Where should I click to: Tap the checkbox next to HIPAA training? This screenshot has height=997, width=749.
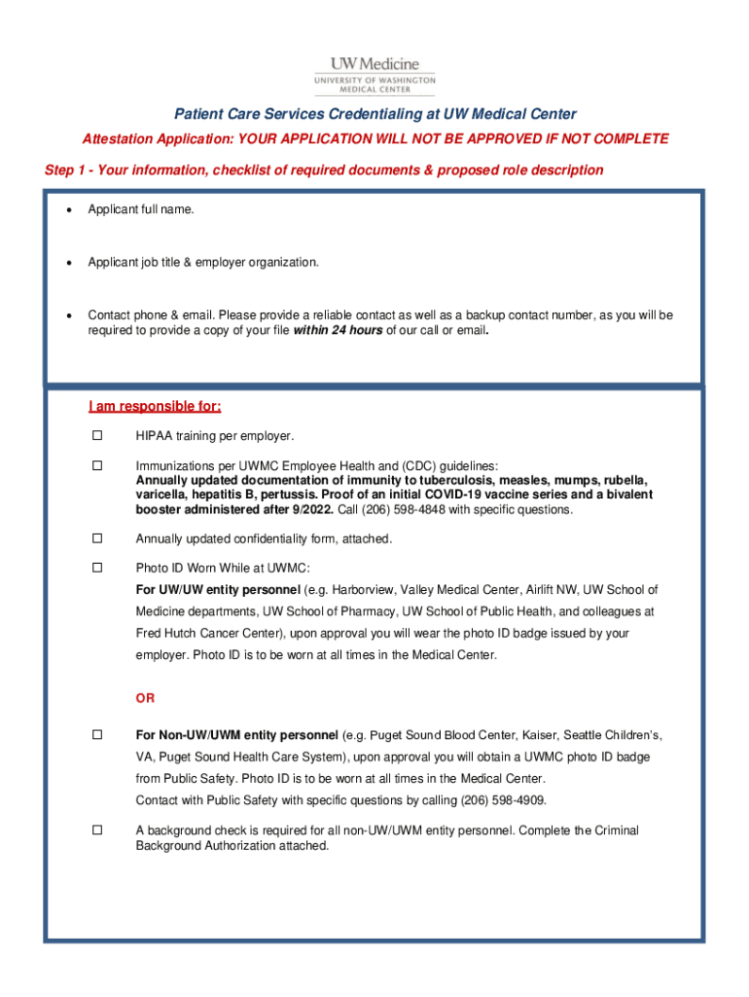[x=97, y=434]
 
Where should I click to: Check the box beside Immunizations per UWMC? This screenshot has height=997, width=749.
[x=97, y=465]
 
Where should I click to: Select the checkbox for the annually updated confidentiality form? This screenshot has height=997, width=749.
[x=97, y=537]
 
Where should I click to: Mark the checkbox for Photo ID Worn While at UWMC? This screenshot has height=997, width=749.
[x=97, y=567]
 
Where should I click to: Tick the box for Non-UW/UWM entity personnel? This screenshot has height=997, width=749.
[x=97, y=734]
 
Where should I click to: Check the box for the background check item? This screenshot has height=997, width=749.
[x=97, y=831]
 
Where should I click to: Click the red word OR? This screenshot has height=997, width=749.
[x=145, y=699]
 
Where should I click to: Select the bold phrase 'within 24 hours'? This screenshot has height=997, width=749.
[x=338, y=330]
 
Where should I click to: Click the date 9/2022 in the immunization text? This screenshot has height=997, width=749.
[x=312, y=509]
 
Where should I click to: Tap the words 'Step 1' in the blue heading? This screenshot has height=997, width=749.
[x=67, y=170]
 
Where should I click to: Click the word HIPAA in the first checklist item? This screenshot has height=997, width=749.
[x=154, y=435]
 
